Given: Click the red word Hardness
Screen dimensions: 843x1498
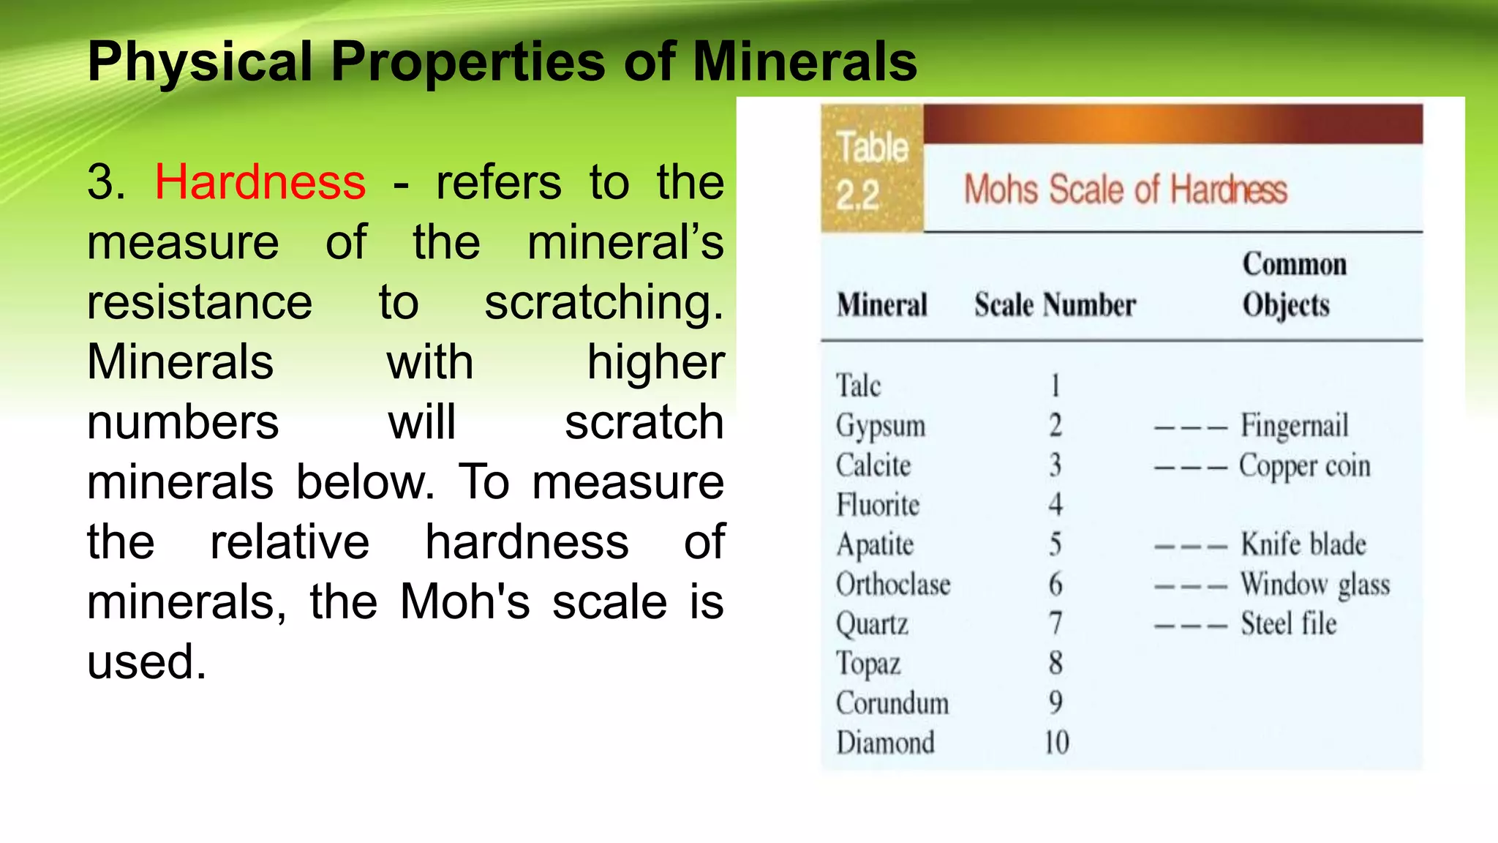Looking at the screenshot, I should click(x=260, y=181).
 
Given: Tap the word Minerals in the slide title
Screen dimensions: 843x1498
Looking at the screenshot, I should click(x=805, y=61).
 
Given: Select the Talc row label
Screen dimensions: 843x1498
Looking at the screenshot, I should click(x=858, y=386).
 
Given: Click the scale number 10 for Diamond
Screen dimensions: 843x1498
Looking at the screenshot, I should click(x=1056, y=742).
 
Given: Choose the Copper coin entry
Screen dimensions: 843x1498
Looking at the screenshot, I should click(x=1304, y=466).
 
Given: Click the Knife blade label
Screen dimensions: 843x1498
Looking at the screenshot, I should click(x=1303, y=544).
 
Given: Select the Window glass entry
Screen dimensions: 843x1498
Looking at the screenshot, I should click(x=1315, y=585).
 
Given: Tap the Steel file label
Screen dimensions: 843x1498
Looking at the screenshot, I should click(x=1289, y=624).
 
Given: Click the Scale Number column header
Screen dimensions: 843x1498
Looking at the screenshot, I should click(x=1055, y=304).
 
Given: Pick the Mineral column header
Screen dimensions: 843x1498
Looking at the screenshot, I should click(x=882, y=304).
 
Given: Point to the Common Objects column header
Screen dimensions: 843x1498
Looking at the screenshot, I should click(x=1293, y=285).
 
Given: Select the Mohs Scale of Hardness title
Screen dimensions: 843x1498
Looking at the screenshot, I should click(x=1125, y=190).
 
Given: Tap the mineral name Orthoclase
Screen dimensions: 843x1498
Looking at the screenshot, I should click(x=893, y=585).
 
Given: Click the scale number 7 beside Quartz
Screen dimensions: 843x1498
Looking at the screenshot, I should click(x=1055, y=623).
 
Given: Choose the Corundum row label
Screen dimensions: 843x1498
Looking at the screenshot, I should click(x=892, y=703).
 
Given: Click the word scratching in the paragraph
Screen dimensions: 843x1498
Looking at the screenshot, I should click(x=603, y=302).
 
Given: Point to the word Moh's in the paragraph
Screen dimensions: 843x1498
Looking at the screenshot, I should click(x=464, y=602).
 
